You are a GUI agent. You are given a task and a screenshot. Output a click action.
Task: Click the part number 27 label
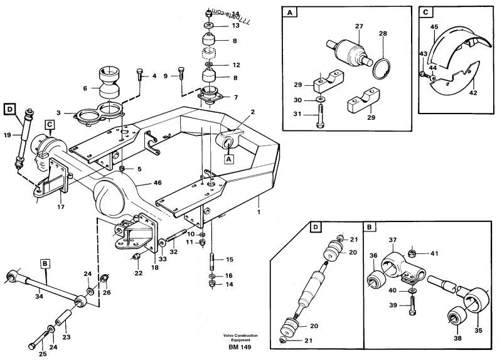pos(358,27)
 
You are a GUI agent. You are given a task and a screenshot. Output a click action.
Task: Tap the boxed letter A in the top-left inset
pos(290,13)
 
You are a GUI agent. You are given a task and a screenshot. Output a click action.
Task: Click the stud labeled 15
pos(212,258)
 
